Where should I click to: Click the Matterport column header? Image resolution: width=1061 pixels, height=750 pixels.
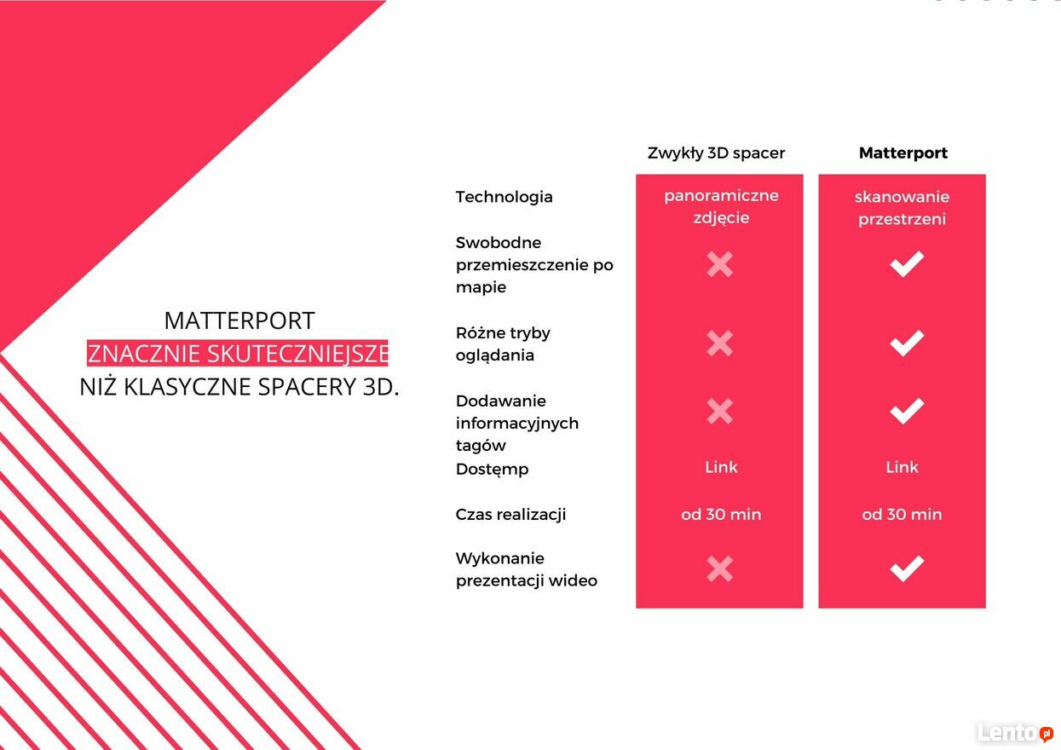[x=902, y=153]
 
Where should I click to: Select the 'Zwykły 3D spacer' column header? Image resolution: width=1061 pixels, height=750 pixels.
[x=716, y=153]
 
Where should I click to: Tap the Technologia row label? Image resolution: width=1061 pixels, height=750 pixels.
[x=504, y=197]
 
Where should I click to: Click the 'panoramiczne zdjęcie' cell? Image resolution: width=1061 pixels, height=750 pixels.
[x=721, y=206]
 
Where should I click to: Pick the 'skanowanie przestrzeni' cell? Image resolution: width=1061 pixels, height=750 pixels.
[x=902, y=207]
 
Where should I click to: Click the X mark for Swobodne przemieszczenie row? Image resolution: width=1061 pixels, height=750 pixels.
[x=719, y=264]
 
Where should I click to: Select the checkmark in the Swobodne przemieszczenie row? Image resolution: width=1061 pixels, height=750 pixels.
[x=907, y=264]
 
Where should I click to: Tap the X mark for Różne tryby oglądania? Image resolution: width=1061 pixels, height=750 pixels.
[x=719, y=343]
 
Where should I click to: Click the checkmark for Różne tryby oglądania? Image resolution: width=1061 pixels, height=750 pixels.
[x=907, y=343]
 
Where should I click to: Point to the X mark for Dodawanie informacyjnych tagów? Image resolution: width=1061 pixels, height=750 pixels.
[x=719, y=411]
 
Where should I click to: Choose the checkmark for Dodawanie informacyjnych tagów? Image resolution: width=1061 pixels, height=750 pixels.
[x=907, y=411]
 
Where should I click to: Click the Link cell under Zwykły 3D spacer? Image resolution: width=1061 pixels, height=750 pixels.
[x=721, y=467]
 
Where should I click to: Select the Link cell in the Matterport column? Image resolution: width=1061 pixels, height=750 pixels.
[x=902, y=467]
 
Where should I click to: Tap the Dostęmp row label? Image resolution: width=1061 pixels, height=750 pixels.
[x=492, y=470]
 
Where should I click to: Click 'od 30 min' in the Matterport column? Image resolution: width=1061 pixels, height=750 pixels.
[x=902, y=514]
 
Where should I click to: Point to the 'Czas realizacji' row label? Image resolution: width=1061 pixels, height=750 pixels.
[x=510, y=515]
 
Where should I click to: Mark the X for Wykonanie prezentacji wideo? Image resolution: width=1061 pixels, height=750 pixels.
[x=719, y=568]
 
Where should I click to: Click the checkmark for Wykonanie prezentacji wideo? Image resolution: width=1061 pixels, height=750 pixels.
[x=907, y=568]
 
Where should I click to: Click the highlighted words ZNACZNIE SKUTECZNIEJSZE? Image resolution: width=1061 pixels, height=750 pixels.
[x=237, y=354]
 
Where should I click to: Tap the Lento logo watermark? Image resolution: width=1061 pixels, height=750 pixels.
[x=1015, y=733]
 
